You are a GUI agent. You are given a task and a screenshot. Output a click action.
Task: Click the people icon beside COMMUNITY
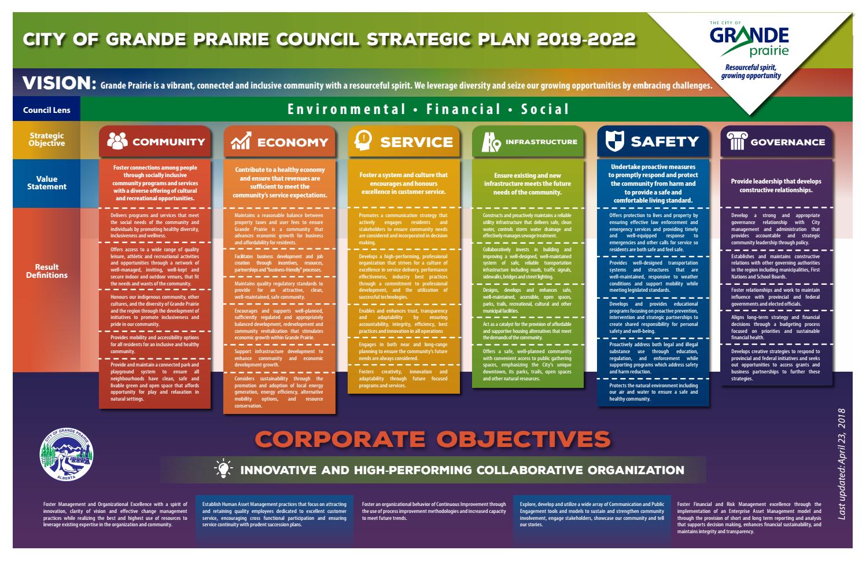(x=117, y=142)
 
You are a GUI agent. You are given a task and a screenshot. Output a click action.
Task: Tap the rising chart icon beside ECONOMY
(x=241, y=142)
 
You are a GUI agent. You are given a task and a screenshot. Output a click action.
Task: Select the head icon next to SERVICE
(x=363, y=141)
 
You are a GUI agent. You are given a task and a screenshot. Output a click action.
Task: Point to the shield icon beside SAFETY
(x=614, y=141)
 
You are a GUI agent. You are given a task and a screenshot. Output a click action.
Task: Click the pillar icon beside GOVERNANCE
(x=736, y=141)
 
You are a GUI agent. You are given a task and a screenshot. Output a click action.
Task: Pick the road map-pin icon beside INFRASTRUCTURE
(x=491, y=142)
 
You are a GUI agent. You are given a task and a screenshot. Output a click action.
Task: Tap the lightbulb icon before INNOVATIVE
(x=223, y=470)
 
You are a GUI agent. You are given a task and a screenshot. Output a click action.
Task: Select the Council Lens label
(x=47, y=110)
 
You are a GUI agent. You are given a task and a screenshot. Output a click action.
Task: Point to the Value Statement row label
(x=47, y=183)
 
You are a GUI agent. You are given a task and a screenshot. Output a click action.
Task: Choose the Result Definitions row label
(x=47, y=271)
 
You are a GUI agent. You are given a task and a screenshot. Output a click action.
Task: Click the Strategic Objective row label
(x=47, y=140)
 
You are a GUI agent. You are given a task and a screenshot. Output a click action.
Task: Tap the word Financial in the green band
(x=463, y=109)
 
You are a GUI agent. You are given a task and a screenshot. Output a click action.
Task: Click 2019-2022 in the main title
(x=586, y=39)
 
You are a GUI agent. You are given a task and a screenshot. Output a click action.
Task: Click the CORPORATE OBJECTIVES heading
(x=433, y=439)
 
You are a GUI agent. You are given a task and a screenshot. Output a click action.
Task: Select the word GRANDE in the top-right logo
(x=749, y=36)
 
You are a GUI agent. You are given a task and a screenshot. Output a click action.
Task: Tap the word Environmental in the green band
(x=347, y=109)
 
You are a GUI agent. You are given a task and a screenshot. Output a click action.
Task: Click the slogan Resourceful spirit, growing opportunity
(x=752, y=72)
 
